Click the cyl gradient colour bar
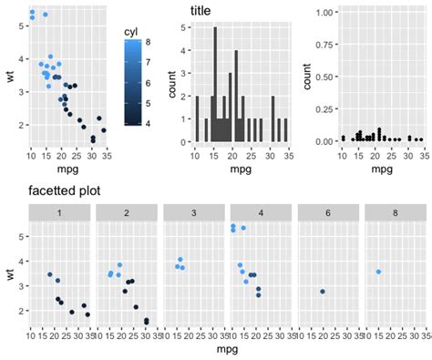(x=133, y=82)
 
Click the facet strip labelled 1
(x=59, y=213)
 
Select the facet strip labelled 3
(x=193, y=213)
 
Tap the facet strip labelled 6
(x=327, y=213)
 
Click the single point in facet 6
(x=323, y=292)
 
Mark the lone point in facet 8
(x=378, y=272)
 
